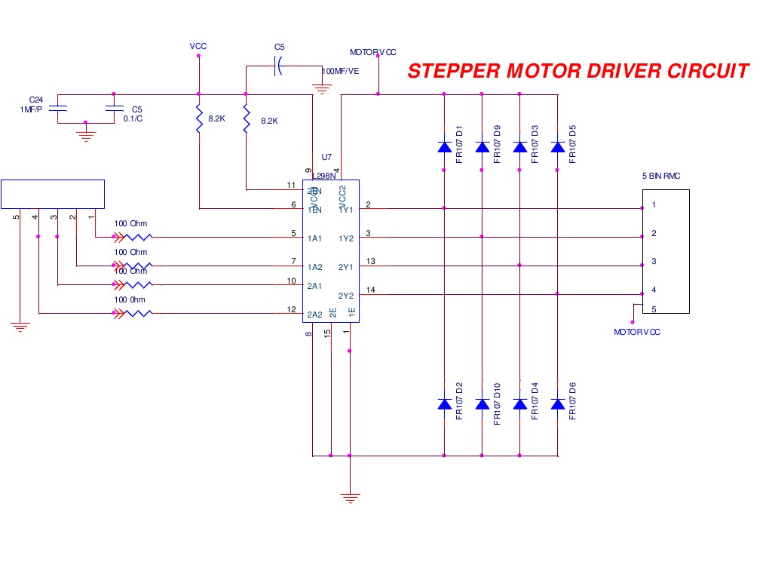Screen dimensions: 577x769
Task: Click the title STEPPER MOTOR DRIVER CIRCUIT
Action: tap(578, 71)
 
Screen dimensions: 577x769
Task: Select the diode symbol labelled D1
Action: tap(444, 147)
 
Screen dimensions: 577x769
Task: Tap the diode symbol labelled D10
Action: tap(483, 404)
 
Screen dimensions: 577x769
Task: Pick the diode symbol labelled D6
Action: tap(558, 404)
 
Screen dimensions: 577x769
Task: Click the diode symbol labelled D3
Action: tap(519, 147)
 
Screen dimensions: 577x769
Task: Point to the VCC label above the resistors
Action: tap(198, 47)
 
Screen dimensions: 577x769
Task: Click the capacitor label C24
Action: tap(35, 100)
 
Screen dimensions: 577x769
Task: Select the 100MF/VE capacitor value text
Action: tap(341, 71)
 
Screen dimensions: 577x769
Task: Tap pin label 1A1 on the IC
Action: tap(315, 238)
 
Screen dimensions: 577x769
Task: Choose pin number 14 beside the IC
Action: tap(370, 290)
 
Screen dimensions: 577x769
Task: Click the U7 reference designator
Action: tap(326, 158)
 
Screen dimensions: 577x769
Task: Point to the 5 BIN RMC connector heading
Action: tap(661, 176)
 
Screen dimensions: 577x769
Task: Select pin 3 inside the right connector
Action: tap(654, 262)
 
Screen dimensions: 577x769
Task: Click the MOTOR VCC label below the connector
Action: tap(637, 332)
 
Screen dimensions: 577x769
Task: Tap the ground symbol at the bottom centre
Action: tap(349, 497)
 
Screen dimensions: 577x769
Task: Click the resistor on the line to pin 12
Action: tap(140, 313)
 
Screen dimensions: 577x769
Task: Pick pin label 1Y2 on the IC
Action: tap(346, 238)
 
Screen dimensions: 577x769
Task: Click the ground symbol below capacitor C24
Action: tap(86, 136)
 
